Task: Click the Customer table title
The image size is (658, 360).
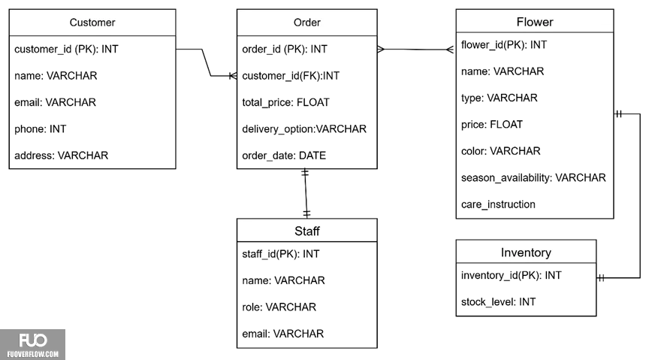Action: pyautogui.click(x=92, y=23)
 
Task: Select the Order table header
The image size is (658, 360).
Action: pyautogui.click(x=306, y=23)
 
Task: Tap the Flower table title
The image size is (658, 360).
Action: pyautogui.click(x=535, y=22)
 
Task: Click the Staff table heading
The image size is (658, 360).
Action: pyautogui.click(x=306, y=231)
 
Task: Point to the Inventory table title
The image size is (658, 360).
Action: pyautogui.click(x=526, y=253)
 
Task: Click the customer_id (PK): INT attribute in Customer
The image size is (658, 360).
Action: pyautogui.click(x=66, y=49)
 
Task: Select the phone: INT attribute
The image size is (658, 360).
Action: pyautogui.click(x=41, y=129)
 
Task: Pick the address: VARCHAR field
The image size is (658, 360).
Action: pyautogui.click(x=62, y=156)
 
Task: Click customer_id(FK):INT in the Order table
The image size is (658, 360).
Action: pyautogui.click(x=291, y=76)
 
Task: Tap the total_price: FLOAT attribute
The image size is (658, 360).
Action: pyautogui.click(x=285, y=102)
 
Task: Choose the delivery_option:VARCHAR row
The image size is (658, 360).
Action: pyautogui.click(x=304, y=129)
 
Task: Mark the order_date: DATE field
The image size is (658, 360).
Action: pyautogui.click(x=284, y=156)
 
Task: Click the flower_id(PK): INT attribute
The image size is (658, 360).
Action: pyautogui.click(x=504, y=45)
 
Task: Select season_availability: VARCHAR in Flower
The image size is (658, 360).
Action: pyautogui.click(x=533, y=177)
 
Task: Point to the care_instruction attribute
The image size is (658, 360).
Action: pyautogui.click(x=498, y=204)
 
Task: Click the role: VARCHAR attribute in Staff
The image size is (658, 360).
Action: pyautogui.click(x=279, y=307)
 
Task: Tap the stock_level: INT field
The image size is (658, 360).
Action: pyautogui.click(x=498, y=301)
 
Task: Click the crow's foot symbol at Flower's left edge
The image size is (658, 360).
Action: pyautogui.click(x=451, y=50)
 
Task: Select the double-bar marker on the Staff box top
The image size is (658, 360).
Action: pyautogui.click(x=306, y=213)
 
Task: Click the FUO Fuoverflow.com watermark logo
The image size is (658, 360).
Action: pyautogui.click(x=33, y=344)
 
